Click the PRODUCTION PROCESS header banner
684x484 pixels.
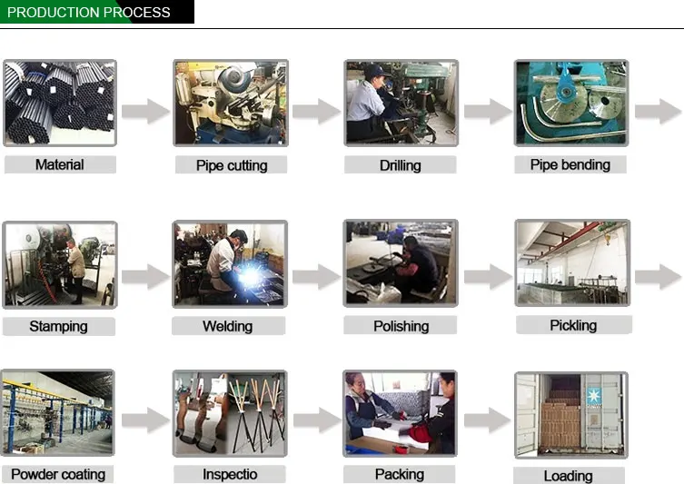click(97, 12)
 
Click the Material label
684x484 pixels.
click(60, 165)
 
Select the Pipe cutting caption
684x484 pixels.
click(232, 165)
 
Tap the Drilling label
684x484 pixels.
click(400, 165)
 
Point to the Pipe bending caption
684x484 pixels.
click(570, 165)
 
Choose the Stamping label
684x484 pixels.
click(58, 327)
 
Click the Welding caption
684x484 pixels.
click(228, 326)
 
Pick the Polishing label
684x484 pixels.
click(401, 326)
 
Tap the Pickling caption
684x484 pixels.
click(574, 325)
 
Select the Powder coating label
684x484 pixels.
click(58, 474)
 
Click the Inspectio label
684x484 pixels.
click(230, 474)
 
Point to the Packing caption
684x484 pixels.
click(399, 474)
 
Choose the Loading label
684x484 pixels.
click(569, 476)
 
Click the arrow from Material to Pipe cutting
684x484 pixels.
click(145, 111)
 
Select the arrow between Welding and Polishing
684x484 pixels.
click(316, 276)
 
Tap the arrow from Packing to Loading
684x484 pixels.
click(487, 420)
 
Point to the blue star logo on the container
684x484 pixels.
click(594, 396)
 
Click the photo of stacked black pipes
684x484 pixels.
click(60, 103)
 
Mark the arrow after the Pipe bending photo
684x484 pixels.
click(658, 111)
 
